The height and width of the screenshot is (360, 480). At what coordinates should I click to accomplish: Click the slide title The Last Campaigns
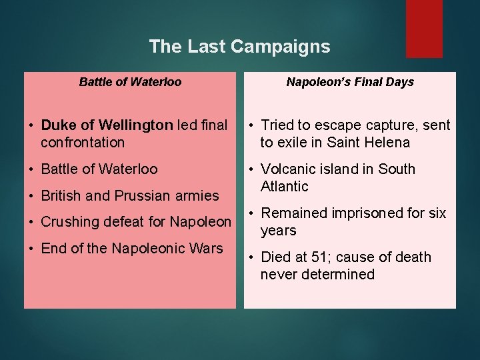click(x=239, y=46)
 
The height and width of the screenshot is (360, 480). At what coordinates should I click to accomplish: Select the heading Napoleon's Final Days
click(x=350, y=82)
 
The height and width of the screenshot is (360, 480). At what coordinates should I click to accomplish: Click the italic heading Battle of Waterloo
click(x=130, y=82)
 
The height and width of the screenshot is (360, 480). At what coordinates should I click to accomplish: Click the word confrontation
click(x=83, y=142)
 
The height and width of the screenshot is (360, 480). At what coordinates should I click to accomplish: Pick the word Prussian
click(x=126, y=195)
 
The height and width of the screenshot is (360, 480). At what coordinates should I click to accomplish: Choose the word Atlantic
click(x=285, y=186)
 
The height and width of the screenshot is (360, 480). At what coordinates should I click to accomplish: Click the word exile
click(x=293, y=142)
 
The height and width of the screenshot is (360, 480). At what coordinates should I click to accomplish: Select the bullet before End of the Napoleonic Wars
click(x=32, y=249)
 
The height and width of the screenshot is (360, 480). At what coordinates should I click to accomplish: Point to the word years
click(x=278, y=231)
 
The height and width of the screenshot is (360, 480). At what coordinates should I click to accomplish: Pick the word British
click(x=61, y=195)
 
